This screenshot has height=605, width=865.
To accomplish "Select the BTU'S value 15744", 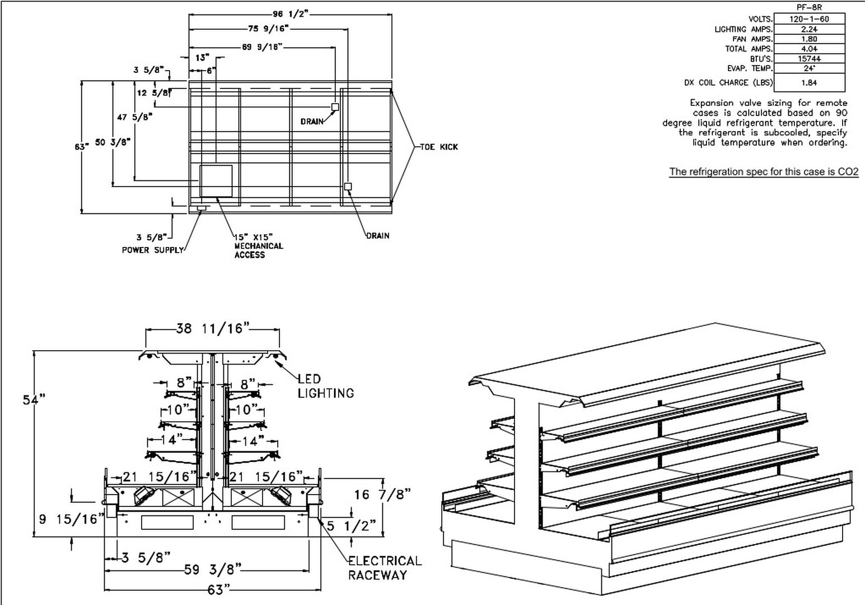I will (x=809, y=59).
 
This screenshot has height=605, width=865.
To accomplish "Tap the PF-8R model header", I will (x=808, y=8).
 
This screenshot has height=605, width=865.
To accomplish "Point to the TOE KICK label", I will (x=439, y=147).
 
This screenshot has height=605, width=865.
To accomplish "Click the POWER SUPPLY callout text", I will (x=153, y=250).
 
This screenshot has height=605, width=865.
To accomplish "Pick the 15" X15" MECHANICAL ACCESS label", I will (x=258, y=246).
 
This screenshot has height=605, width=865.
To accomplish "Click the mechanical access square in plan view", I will (x=217, y=181).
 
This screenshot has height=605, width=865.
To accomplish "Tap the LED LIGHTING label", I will (x=325, y=387).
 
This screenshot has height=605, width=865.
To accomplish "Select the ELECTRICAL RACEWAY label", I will (x=385, y=568).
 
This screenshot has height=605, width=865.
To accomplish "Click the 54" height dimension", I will (x=34, y=399).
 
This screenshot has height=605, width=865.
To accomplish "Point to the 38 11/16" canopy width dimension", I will (x=212, y=329).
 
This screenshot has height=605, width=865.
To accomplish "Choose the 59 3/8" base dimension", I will (x=213, y=570).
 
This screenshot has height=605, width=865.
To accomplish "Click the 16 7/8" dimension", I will (x=382, y=494).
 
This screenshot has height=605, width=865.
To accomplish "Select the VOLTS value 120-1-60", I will (x=809, y=19).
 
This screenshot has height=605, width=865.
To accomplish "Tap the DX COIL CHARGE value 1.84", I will (x=809, y=82).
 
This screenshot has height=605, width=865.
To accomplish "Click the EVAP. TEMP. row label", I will (x=746, y=68).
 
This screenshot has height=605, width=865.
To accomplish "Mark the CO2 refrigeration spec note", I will (x=764, y=172).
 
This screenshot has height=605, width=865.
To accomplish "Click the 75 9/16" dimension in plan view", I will (x=268, y=29).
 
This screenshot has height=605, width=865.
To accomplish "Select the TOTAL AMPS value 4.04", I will (x=809, y=49).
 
